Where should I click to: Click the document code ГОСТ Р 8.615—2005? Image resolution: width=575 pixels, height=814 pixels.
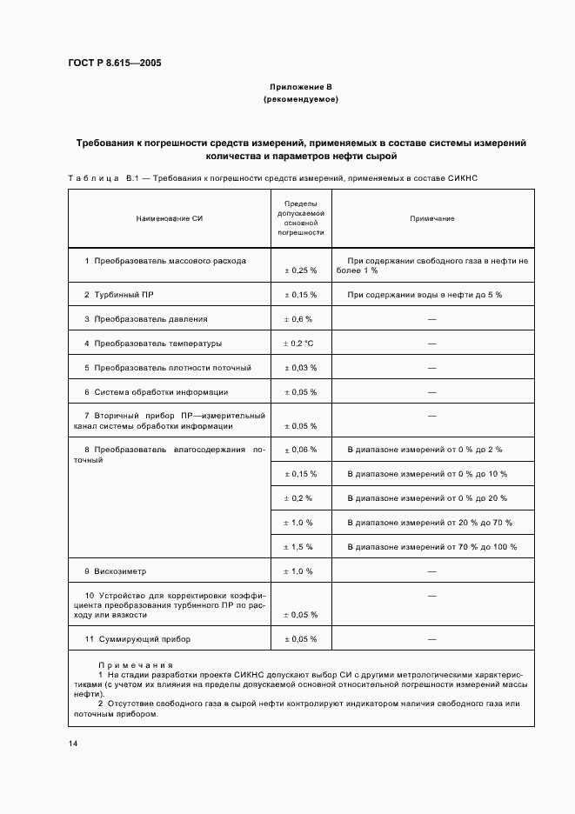(x=114, y=63)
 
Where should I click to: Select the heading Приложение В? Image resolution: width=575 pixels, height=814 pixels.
(x=300, y=88)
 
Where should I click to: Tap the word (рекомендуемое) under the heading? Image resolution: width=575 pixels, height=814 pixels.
(x=300, y=100)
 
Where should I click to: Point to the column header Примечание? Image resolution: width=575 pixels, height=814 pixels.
(x=431, y=218)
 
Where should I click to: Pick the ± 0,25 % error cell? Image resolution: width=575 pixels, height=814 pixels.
(x=301, y=270)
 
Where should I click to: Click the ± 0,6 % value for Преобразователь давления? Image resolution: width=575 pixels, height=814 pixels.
(x=300, y=319)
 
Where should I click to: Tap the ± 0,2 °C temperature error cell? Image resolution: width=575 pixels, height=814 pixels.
(x=300, y=344)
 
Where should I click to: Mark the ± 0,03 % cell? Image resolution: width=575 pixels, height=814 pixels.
(x=301, y=368)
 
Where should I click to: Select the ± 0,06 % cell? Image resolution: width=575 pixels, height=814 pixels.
(x=301, y=450)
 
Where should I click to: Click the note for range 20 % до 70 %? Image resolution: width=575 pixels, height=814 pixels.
(x=430, y=523)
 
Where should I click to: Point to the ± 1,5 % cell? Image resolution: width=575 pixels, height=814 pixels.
(x=300, y=547)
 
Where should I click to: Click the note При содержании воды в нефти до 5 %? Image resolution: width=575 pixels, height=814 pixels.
(x=425, y=295)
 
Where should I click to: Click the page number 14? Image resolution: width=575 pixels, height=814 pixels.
(x=73, y=744)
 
